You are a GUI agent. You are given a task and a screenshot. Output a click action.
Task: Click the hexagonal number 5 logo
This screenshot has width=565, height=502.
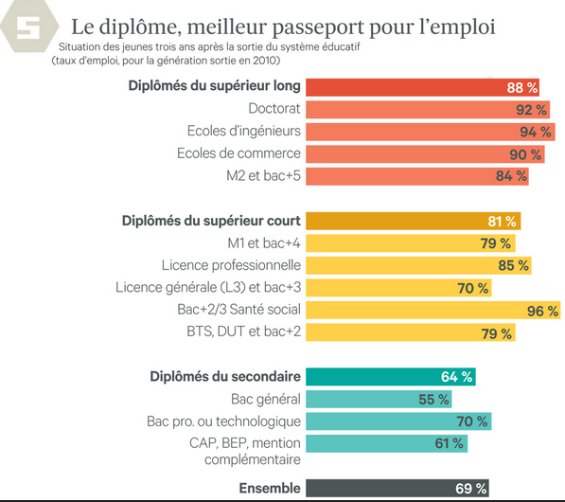pos(28,30)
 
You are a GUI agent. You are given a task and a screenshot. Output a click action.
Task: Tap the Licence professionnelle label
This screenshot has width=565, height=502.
pos(231,265)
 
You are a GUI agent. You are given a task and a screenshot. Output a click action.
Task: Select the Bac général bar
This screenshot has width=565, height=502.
pos(379,400)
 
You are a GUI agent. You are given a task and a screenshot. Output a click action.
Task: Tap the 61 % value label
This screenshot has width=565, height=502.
pos(448,443)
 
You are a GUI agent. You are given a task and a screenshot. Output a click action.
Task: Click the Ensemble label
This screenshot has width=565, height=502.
pos(269,489)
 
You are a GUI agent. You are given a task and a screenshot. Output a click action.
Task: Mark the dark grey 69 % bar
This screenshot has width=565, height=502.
pos(397,489)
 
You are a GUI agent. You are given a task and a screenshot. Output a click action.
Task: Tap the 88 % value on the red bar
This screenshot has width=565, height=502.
pos(521,87)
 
